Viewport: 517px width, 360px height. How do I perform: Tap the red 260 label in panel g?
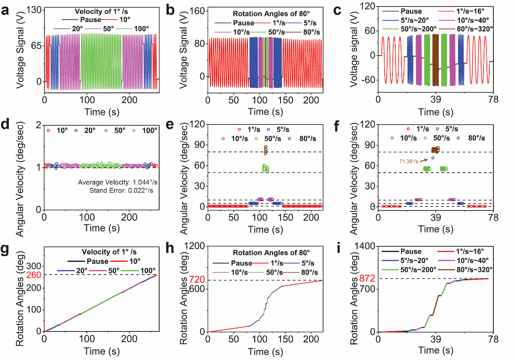(x=33, y=274)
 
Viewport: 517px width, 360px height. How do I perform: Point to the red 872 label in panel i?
(x=368, y=279)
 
